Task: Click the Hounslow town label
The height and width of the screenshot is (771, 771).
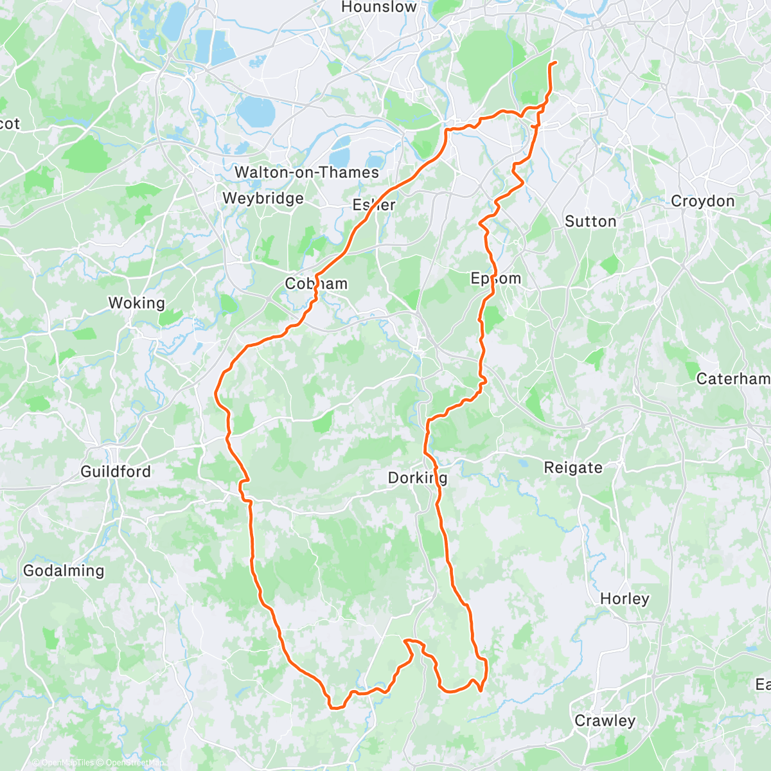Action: click(x=378, y=8)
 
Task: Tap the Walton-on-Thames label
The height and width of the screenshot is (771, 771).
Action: click(x=306, y=172)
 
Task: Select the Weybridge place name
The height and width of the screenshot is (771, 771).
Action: click(x=263, y=198)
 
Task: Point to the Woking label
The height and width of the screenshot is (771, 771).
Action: click(x=136, y=303)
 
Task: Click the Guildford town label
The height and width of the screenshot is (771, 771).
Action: click(x=116, y=471)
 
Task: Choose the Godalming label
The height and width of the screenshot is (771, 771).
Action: click(x=63, y=571)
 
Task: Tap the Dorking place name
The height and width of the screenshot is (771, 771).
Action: click(x=418, y=478)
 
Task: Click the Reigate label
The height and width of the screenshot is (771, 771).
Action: click(x=573, y=467)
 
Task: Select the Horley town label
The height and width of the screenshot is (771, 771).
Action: click(x=625, y=598)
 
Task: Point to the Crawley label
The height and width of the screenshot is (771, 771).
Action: click(x=605, y=720)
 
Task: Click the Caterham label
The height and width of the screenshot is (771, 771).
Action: click(x=733, y=379)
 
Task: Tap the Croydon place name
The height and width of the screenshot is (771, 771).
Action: click(x=702, y=201)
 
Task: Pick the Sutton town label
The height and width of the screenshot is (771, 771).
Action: click(x=590, y=222)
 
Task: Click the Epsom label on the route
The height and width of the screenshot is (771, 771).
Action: click(x=496, y=278)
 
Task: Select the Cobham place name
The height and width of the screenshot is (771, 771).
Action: click(x=316, y=283)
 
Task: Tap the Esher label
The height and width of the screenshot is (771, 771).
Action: click(x=374, y=205)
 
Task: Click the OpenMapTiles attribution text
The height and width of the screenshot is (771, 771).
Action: click(x=67, y=763)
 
